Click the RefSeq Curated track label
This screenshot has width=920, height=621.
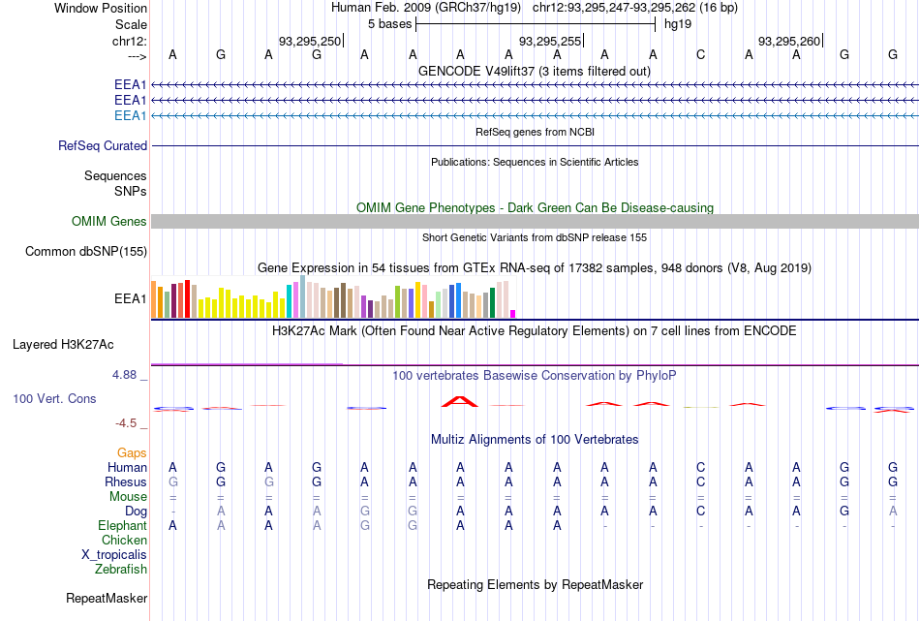coord(103,146)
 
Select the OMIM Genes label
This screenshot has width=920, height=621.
coord(109,222)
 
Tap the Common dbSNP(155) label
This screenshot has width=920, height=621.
coord(86,252)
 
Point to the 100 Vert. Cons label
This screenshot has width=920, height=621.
coord(55,398)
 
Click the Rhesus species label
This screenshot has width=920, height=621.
coord(127,482)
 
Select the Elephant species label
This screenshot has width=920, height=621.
coord(122,526)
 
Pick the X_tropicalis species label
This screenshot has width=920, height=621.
coord(114,555)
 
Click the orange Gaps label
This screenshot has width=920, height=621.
coord(132,453)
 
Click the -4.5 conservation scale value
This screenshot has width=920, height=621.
coord(129,423)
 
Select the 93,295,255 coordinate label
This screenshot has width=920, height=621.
coord(550,41)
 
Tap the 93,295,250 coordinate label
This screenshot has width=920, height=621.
coord(310,41)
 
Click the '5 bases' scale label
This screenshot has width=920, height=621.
coord(389,23)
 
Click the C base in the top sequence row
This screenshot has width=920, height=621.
coord(701,54)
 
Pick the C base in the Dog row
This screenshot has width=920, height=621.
coord(701,511)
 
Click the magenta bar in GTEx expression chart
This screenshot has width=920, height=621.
coord(513,313)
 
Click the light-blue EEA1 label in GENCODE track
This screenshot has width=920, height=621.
coord(131,116)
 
